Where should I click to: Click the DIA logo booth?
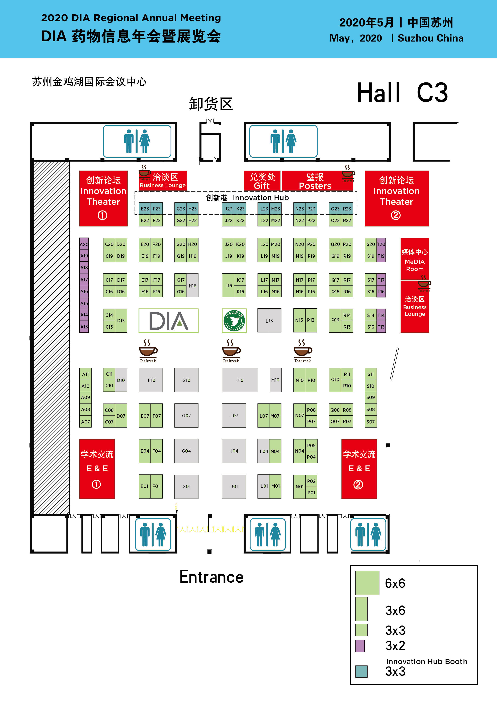pyautogui.click(x=168, y=321)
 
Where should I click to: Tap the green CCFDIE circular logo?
pyautogui.click(x=234, y=321)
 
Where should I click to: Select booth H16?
pyautogui.click(x=192, y=286)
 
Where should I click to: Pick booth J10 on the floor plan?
pyautogui.click(x=240, y=380)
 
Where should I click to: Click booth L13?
pyautogui.click(x=269, y=321)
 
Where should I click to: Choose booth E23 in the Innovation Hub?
pyautogui.click(x=145, y=208)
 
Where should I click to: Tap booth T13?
pyautogui.click(x=381, y=327)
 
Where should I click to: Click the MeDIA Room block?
pyautogui.click(x=415, y=259)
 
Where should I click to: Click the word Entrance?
pyautogui.click(x=212, y=577)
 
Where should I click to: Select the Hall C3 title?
pyautogui.click(x=402, y=92)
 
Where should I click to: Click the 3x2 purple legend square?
pyautogui.click(x=360, y=646)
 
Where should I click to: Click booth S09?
pyautogui.click(x=371, y=397)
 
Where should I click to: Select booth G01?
pyautogui.click(x=186, y=486)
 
